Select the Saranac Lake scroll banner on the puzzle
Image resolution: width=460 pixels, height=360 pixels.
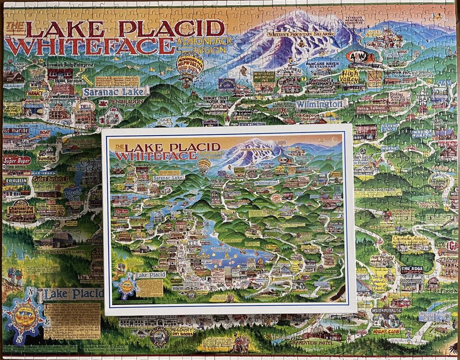click(115, 92)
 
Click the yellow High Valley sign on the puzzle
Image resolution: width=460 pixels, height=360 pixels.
click(351, 76)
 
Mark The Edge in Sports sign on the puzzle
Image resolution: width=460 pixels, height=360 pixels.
click(411, 271)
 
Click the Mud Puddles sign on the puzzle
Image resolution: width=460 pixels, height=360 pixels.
click(385, 310)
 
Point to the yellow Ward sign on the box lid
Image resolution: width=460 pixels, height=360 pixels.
click(335, 174)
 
